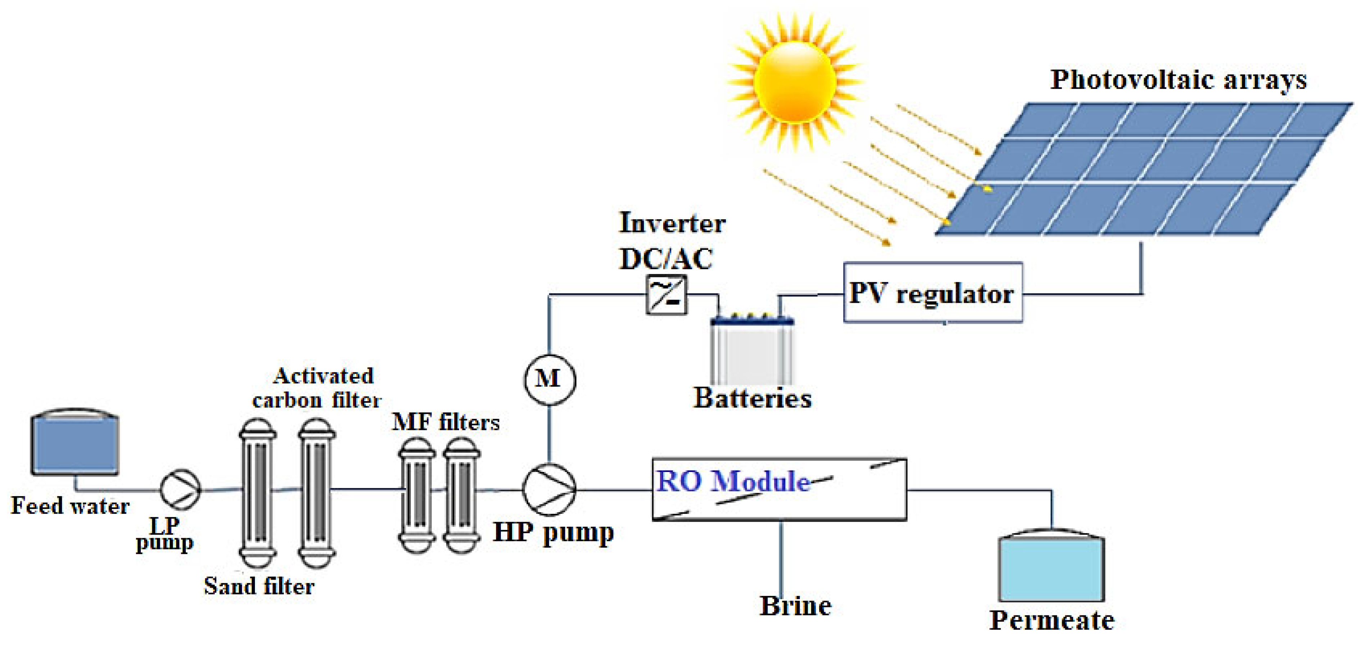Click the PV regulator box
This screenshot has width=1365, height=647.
click(x=933, y=292)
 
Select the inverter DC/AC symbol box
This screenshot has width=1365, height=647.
click(x=666, y=295)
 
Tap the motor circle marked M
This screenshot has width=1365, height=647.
click(x=549, y=379)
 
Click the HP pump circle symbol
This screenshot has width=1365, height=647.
click(x=549, y=489)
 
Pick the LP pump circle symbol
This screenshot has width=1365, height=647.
click(x=180, y=489)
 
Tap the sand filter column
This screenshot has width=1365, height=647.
click(x=257, y=493)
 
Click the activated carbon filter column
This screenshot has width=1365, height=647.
click(x=316, y=493)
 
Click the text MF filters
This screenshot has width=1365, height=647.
click(x=445, y=422)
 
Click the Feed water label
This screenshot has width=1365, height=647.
click(x=70, y=506)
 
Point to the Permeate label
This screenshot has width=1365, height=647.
click(x=1051, y=620)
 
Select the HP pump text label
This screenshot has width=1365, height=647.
click(x=553, y=533)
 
